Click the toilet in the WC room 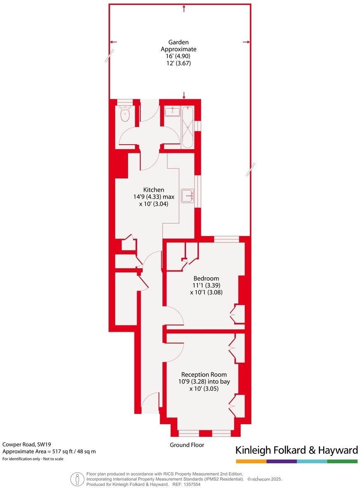(x=125, y=114)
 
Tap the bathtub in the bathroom (x=188, y=127)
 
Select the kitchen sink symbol (x=190, y=196)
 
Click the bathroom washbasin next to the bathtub (x=171, y=111)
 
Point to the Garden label (x=178, y=42)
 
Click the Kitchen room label (x=153, y=190)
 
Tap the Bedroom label (x=206, y=278)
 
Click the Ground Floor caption (x=187, y=445)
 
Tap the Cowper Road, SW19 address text (x=24, y=444)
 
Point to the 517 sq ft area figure (x=65, y=451)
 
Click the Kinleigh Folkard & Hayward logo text (x=296, y=450)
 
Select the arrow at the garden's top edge (x=184, y=8)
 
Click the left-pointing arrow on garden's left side (x=113, y=42)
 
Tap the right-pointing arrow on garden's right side (x=246, y=42)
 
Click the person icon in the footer (x=76, y=479)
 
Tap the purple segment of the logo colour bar (x=282, y=461)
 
